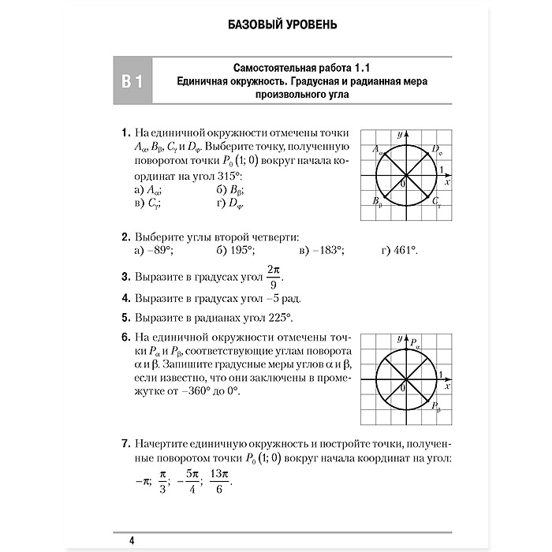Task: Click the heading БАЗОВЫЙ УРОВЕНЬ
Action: [x=276, y=24]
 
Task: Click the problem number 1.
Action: [x=125, y=132]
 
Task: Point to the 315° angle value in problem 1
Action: [x=226, y=177]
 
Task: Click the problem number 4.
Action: [x=125, y=299]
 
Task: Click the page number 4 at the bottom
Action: [x=132, y=540]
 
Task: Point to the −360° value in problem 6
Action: [x=211, y=391]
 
